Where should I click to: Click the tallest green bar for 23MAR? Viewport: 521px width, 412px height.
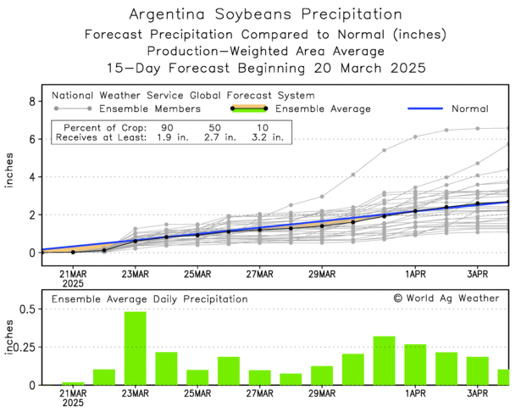(136, 348)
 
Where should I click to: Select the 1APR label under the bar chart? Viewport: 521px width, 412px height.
(415, 394)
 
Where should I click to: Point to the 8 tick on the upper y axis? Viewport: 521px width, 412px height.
(32, 102)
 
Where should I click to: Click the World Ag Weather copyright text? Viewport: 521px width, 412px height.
(446, 298)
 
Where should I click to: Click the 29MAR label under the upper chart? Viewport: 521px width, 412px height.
(322, 274)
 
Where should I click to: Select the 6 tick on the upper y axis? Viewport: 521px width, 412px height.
(32, 139)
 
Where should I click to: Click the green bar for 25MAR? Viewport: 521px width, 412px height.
(197, 377)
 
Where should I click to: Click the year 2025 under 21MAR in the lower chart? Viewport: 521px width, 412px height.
(73, 404)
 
